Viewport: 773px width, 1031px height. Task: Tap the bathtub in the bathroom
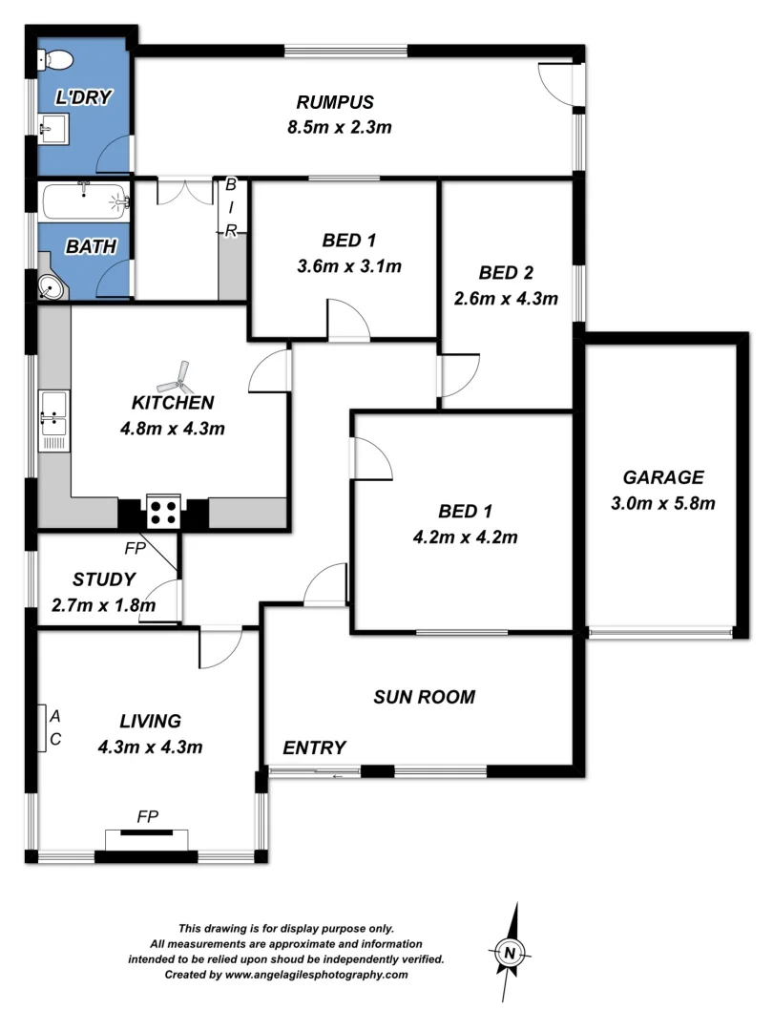(85, 201)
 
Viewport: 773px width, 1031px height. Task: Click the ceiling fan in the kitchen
(177, 380)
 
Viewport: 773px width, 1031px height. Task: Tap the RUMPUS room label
(334, 103)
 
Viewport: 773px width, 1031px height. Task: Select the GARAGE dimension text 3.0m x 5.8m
(663, 503)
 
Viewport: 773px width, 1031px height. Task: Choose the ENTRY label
(315, 747)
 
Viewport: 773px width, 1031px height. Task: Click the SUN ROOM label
(424, 697)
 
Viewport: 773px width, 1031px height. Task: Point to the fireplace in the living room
(146, 835)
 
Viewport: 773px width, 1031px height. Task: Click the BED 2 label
(506, 272)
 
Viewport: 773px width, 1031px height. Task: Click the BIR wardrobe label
(230, 207)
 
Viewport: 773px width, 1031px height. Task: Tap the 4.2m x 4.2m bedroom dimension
(465, 537)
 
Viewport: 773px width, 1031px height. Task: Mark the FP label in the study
(136, 548)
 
